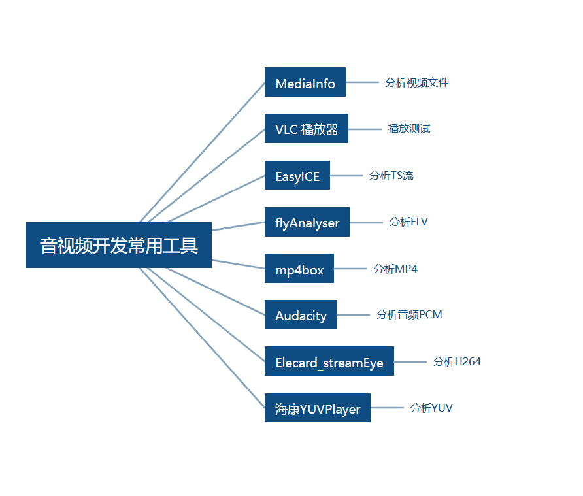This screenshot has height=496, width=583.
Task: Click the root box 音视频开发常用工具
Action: point(119,245)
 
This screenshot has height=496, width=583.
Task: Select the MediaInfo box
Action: point(305,82)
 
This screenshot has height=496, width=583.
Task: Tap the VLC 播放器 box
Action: point(306,129)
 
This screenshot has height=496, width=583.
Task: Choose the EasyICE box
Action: point(297,175)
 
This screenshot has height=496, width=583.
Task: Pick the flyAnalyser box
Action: point(307,222)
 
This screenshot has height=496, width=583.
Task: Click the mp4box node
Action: point(299,269)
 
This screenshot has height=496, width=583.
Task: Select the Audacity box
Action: point(301,315)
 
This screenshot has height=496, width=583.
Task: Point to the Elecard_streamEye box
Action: point(329,361)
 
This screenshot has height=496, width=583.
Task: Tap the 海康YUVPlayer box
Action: point(317,408)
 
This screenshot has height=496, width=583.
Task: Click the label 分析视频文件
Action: point(416,82)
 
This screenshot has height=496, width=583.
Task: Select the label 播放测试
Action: point(409,129)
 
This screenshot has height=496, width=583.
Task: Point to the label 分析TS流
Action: point(391,175)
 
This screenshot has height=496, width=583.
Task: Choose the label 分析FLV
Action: point(408,222)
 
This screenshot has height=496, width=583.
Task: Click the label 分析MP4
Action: point(395,269)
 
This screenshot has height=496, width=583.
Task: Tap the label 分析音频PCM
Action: point(409,314)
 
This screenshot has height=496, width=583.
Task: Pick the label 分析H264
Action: point(457,361)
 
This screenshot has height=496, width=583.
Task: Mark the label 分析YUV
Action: point(431,408)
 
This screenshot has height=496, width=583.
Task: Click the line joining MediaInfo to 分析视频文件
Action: point(362,82)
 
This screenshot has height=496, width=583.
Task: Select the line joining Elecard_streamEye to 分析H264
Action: point(410,361)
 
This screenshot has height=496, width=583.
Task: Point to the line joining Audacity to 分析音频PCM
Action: point(354,315)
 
